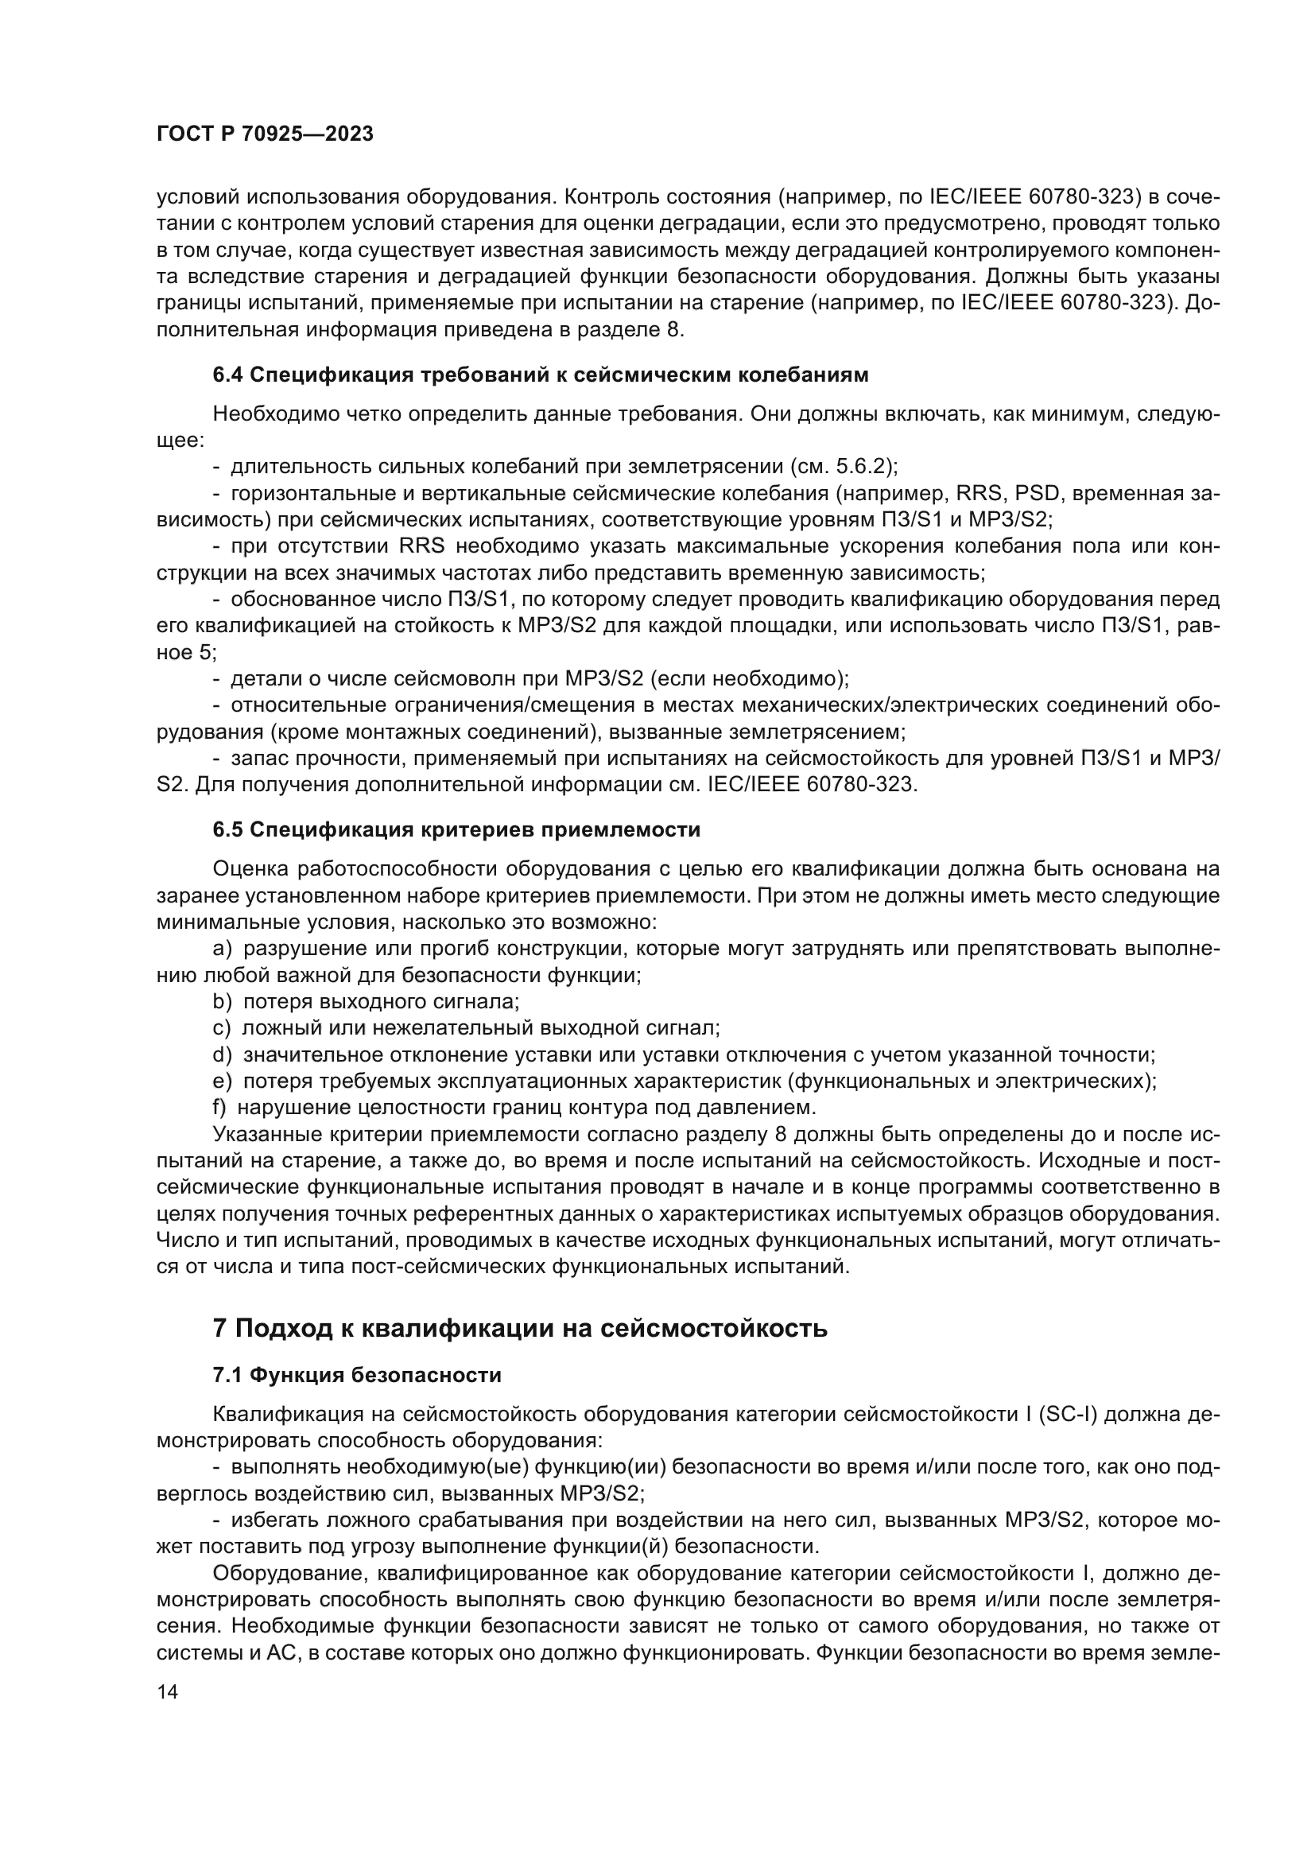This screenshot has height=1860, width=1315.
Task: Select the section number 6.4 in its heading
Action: pyautogui.click(x=227, y=375)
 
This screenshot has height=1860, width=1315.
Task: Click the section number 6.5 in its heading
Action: pyautogui.click(x=227, y=829)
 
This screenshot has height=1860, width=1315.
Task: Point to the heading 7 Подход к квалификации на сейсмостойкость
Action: pyautogui.click(x=519, y=1329)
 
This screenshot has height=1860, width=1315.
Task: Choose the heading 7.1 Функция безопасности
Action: pyautogui.click(x=356, y=1375)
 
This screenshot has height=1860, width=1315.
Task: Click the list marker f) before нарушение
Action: pyautogui.click(x=219, y=1108)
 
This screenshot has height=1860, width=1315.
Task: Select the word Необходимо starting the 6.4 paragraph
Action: pyautogui.click(x=274, y=414)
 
